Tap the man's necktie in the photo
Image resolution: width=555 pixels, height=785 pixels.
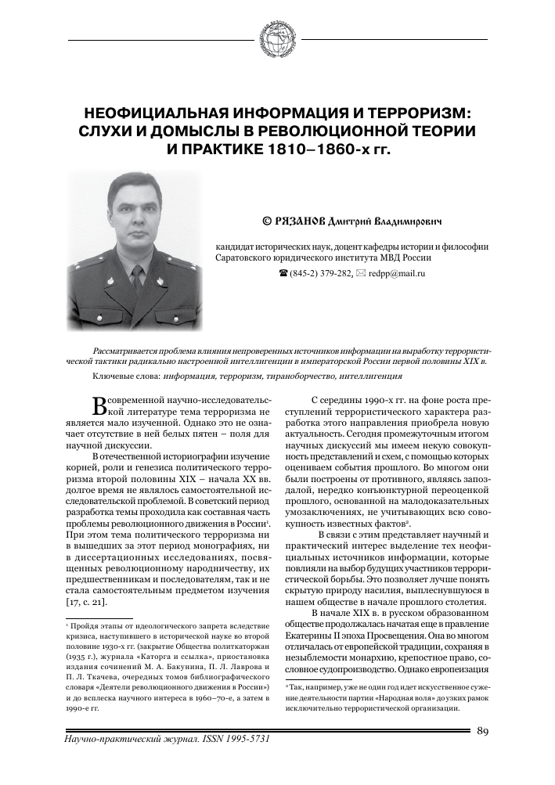[137, 278]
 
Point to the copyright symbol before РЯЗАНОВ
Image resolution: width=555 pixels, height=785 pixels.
[265, 221]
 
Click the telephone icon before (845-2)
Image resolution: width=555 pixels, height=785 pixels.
[283, 274]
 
